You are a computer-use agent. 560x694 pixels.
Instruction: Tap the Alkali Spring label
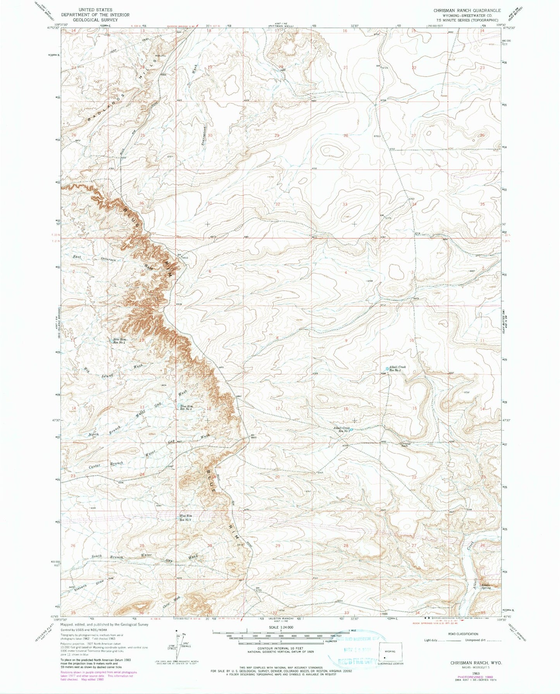point(486,586)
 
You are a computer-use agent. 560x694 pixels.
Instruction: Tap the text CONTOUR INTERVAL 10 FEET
point(280,651)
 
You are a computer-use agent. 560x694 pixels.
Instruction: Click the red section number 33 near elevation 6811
point(345,204)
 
